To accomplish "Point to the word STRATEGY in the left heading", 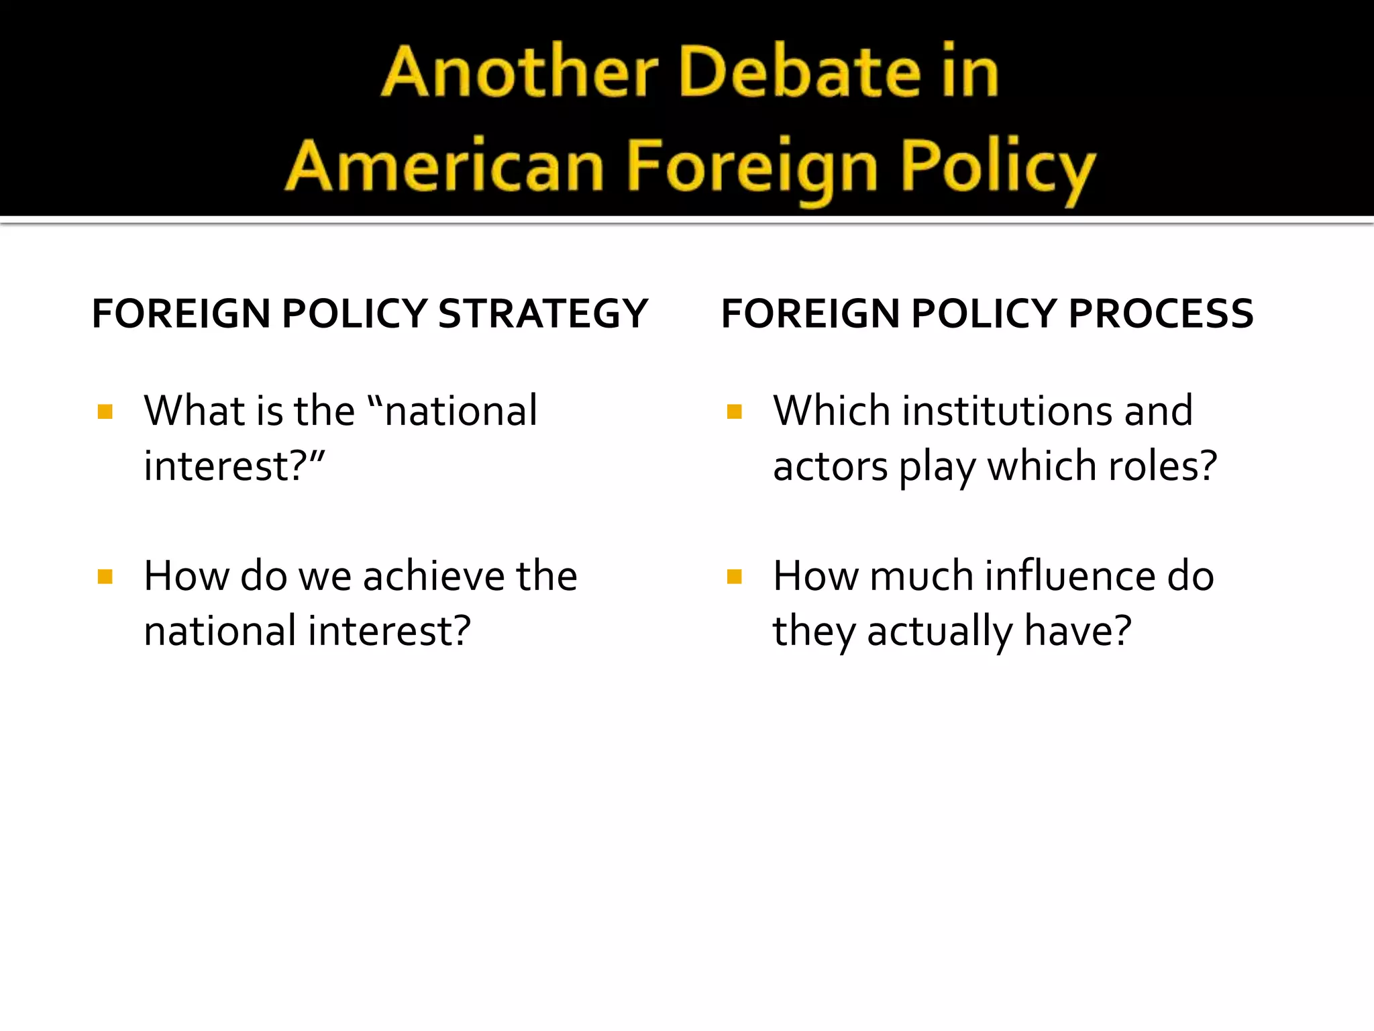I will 543,313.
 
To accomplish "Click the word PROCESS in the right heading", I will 1161,313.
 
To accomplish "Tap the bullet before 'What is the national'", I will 105,411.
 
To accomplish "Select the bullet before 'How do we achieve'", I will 105,577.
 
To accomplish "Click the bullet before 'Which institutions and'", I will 734,411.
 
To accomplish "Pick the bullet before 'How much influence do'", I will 734,577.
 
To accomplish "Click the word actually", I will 940,632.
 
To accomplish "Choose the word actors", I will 831,466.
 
